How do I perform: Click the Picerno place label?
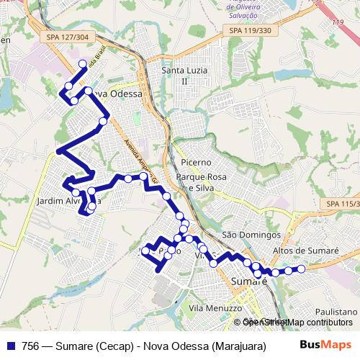[x=196, y=163]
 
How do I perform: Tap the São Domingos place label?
[x=251, y=235]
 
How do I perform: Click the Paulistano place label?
[x=336, y=312]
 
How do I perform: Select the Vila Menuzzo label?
[x=215, y=307]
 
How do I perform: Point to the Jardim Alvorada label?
[x=64, y=201]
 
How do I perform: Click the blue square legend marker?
[x=11, y=344]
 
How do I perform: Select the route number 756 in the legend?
[x=30, y=344]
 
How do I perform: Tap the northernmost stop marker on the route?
[x=83, y=64]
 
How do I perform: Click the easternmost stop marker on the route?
[x=302, y=269]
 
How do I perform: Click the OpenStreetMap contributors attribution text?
[x=298, y=322]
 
